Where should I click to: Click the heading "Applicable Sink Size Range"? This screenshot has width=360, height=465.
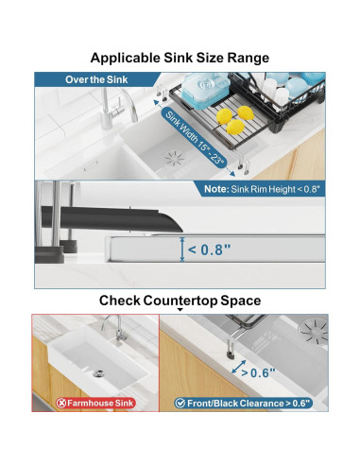coord(180,58)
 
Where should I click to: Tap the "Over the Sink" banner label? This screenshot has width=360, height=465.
coord(96,79)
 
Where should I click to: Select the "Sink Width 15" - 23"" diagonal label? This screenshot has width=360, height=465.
coord(196,138)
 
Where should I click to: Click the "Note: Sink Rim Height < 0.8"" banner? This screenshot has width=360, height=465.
coord(262,189)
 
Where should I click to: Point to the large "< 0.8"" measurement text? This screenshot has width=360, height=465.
coord(210,250)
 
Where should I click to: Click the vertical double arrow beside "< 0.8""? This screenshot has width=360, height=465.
coord(182,250)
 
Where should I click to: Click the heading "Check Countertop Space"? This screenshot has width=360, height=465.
coord(180,301)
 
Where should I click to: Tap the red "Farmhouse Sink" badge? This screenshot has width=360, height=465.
coord(95,403)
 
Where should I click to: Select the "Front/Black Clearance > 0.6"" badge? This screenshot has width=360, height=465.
coord(243,404)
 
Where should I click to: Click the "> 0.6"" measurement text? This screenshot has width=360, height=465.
coord(258,373)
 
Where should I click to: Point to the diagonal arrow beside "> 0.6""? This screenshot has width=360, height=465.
coord(239,367)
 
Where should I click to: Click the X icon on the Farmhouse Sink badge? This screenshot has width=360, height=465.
coord(61,403)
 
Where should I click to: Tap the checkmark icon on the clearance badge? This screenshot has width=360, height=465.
coord(180,404)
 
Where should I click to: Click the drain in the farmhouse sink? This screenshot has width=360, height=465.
coord(99,373)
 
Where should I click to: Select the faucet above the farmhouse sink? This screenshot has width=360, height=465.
coord(115,328)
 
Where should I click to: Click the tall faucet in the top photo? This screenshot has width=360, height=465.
coord(116,109)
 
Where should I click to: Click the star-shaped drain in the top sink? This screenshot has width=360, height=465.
coord(176,158)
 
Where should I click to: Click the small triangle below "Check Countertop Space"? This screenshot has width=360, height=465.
coord(180,310)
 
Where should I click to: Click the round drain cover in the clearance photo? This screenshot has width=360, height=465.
coord(314,331)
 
